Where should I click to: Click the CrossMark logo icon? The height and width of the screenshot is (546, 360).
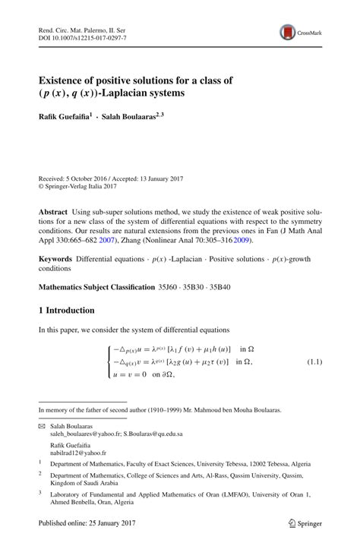(289, 31)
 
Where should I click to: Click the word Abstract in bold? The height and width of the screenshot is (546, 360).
(55, 208)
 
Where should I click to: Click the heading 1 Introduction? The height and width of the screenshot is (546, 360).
(67, 311)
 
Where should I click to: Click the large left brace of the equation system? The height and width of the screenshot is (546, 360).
(108, 363)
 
